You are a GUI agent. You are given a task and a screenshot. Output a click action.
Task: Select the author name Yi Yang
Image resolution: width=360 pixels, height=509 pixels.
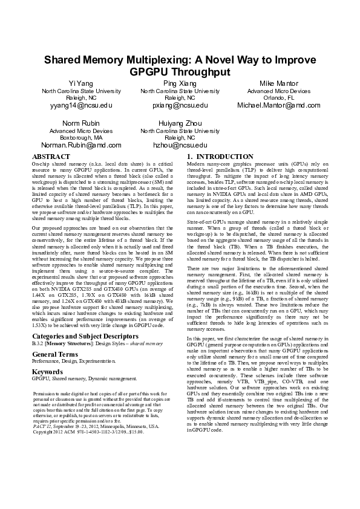[x=80, y=82]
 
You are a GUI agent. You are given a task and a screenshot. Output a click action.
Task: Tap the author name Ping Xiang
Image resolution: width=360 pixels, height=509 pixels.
[x=180, y=82]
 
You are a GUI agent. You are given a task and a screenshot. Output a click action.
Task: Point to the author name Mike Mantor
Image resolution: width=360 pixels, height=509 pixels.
[x=279, y=82]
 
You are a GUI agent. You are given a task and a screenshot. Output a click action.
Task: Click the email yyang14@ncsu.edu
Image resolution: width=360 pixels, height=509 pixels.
[x=81, y=105]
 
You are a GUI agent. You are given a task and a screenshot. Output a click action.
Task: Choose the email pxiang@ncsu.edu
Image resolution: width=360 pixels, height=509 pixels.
[x=180, y=105]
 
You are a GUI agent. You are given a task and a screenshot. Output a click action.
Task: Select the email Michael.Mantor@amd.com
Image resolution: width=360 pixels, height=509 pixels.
[x=279, y=105]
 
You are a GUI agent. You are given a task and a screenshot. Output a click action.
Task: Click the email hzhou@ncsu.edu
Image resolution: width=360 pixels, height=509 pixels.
[x=180, y=146]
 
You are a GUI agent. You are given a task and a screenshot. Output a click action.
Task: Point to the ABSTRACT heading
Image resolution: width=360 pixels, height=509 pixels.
[x=51, y=157]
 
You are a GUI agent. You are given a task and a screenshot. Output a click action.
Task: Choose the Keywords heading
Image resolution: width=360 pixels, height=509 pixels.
[x=47, y=372]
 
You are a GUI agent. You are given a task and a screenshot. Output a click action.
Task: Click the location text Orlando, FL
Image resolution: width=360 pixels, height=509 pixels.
[x=279, y=97]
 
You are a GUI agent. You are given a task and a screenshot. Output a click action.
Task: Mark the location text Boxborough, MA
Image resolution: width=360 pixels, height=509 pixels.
[x=80, y=138]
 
